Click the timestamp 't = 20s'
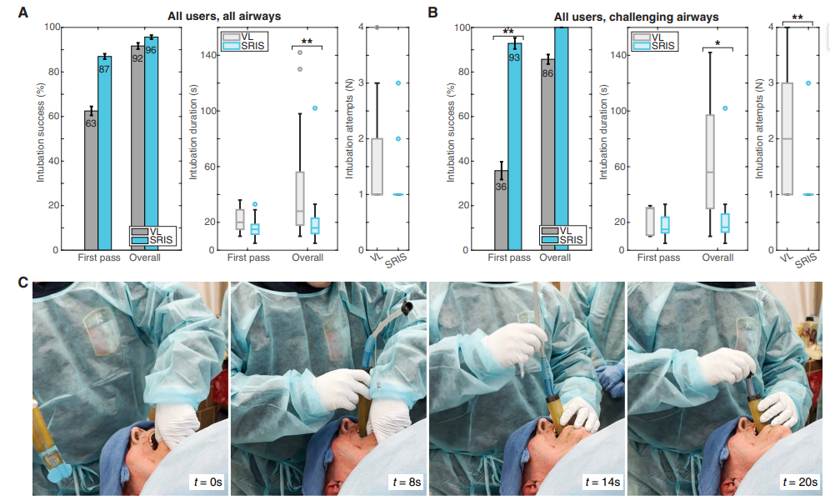pyautogui.click(x=796, y=482)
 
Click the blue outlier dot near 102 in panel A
pyautogui.click(x=315, y=107)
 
